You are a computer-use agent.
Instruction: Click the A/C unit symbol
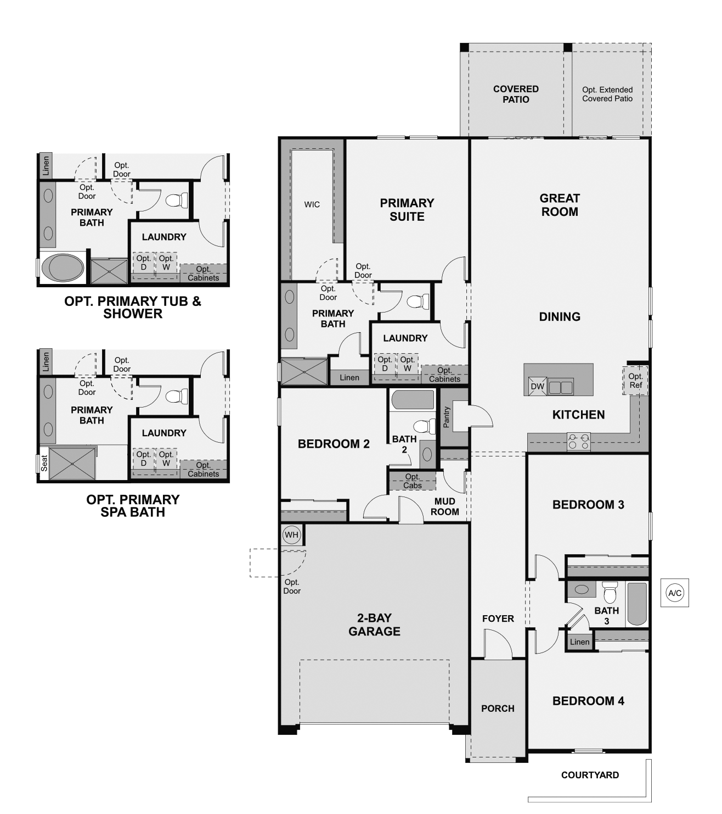tap(674, 593)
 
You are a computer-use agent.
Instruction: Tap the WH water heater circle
tap(291, 534)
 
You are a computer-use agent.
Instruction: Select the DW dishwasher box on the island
tap(537, 386)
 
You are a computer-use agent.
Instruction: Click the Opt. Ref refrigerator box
tap(635, 380)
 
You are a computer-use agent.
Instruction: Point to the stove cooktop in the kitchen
tap(578, 441)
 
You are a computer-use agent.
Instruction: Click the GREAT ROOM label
tap(559, 205)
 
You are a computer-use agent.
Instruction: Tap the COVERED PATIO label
tap(516, 94)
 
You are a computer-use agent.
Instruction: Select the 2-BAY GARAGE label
tap(374, 625)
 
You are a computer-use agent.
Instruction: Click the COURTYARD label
tap(590, 775)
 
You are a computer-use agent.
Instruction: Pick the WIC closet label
tap(312, 204)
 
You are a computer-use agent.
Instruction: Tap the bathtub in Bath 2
tap(413, 399)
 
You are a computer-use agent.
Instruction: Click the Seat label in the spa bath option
tap(44, 462)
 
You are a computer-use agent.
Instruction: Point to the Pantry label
tap(447, 417)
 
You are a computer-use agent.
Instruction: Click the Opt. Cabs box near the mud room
tap(412, 481)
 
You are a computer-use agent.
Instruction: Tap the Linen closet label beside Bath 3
tap(579, 642)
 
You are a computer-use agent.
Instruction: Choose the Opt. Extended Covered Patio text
tap(607, 94)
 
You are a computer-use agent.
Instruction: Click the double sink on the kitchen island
tap(561, 387)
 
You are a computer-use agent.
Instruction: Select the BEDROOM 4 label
tap(588, 701)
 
